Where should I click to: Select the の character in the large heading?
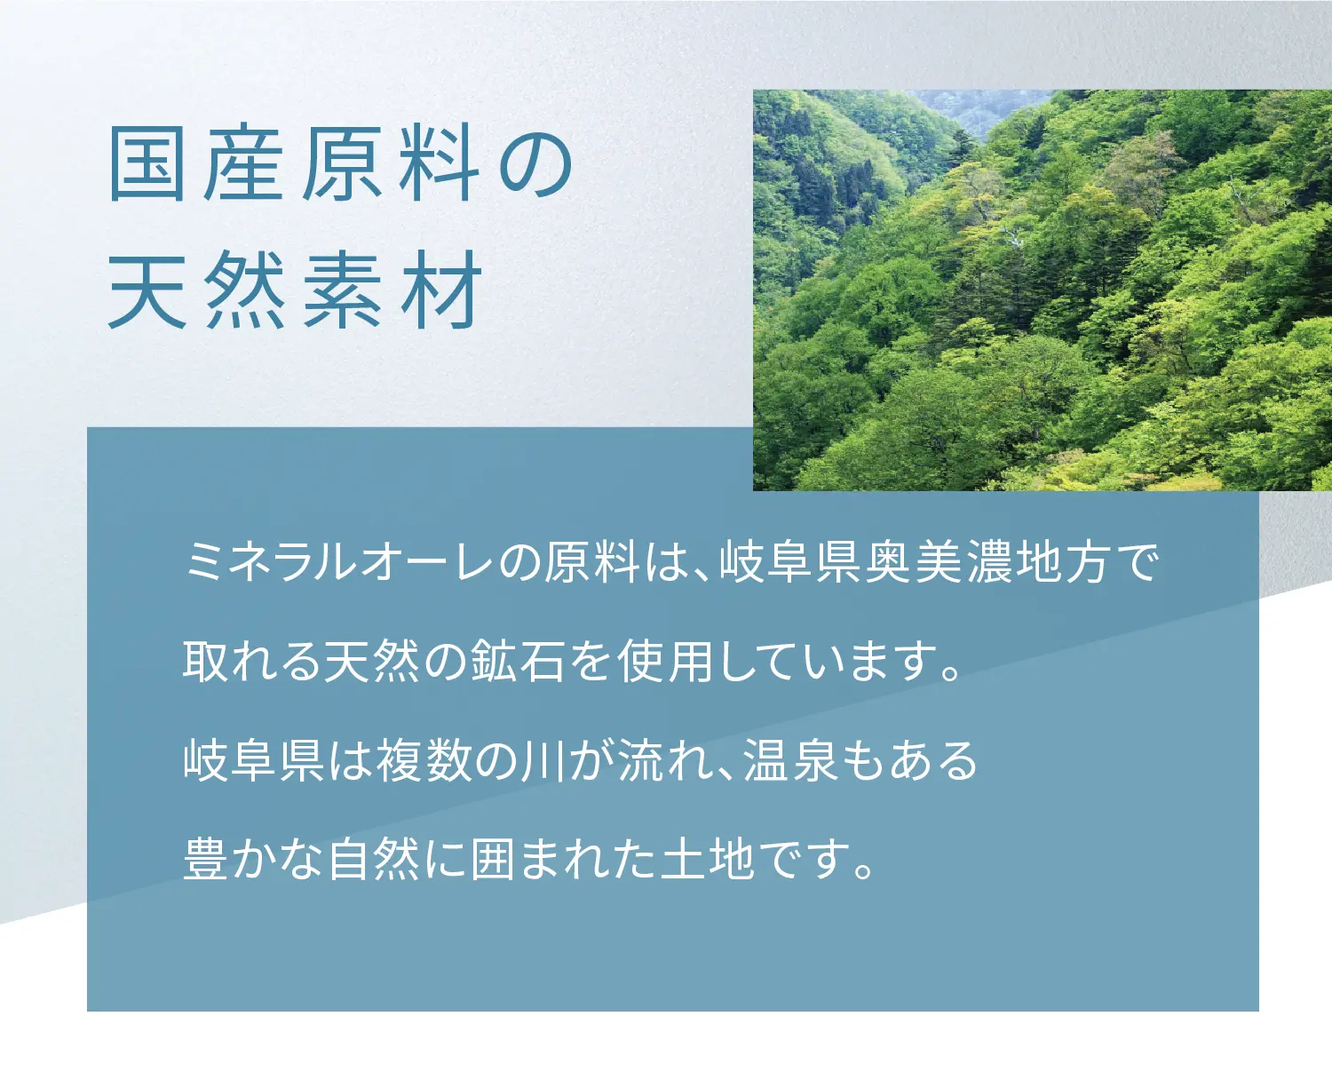(535, 166)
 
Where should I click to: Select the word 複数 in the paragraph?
(424, 761)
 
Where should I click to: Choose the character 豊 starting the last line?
(206, 860)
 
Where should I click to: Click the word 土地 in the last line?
(708, 860)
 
